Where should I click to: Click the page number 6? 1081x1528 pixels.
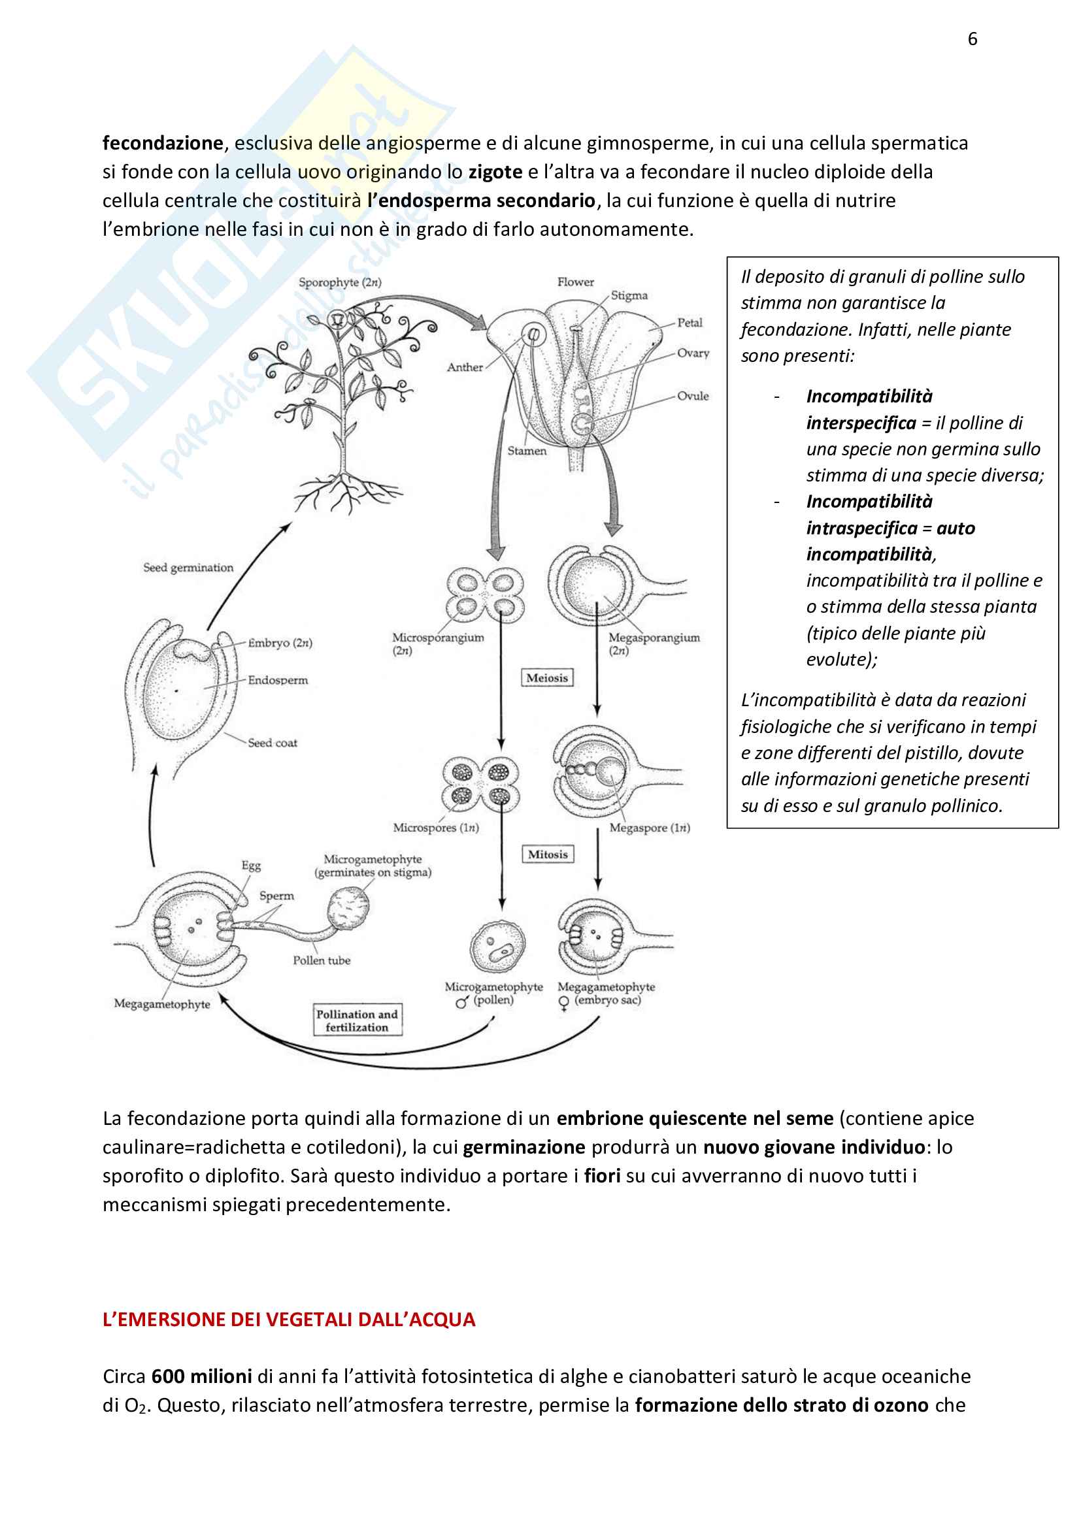(x=972, y=39)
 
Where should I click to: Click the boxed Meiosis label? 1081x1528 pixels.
(x=546, y=678)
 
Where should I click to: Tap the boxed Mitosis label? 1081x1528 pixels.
(x=547, y=854)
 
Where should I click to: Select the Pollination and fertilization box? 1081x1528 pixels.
(x=357, y=1020)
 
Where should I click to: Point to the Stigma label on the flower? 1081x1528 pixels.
(x=629, y=295)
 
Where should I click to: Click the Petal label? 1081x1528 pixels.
(x=690, y=323)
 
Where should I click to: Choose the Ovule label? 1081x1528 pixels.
(x=693, y=396)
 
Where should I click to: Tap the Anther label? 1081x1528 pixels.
(x=465, y=367)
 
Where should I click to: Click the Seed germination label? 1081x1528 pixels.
(x=188, y=568)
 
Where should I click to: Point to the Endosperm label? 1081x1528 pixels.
(x=278, y=680)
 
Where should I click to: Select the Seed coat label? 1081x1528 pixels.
(x=273, y=743)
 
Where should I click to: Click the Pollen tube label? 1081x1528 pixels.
(x=322, y=960)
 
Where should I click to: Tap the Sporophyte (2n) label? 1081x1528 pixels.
(x=339, y=282)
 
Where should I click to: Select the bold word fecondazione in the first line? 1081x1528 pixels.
(x=163, y=143)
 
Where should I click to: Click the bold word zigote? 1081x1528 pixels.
(x=495, y=172)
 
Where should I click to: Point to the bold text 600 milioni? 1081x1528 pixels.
(x=201, y=1376)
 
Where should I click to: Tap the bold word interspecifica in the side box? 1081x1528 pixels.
(x=861, y=423)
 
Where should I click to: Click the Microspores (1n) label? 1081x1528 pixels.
(x=435, y=828)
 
